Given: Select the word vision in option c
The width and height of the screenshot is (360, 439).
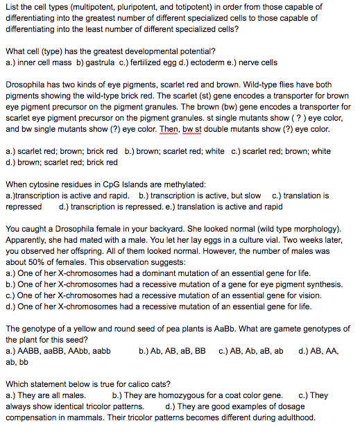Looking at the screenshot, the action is click(283, 295).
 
